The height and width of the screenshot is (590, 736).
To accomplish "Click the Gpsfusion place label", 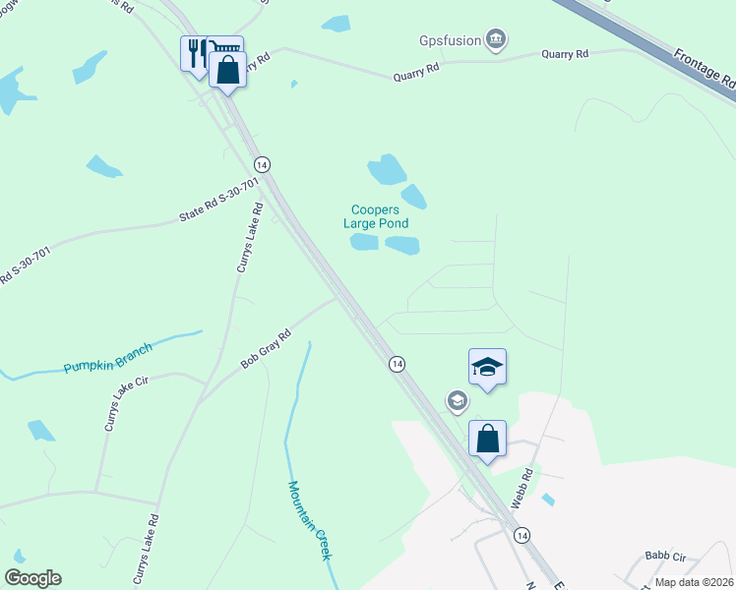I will (450, 39).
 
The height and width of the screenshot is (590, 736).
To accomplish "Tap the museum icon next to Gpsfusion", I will (497, 39).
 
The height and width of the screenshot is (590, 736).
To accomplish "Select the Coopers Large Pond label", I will (380, 216).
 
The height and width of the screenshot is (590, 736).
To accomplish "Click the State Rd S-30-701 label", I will (218, 200).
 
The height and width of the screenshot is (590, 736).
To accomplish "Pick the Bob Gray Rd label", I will (267, 349).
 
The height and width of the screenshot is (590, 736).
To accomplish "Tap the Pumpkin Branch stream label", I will (108, 359).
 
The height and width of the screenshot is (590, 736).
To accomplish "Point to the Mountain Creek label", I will (310, 520).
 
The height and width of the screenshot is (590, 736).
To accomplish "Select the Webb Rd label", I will (521, 488).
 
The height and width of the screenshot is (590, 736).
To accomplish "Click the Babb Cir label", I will (664, 556).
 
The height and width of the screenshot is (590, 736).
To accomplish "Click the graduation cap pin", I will (487, 368).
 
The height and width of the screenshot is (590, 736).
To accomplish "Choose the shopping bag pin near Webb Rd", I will (487, 439).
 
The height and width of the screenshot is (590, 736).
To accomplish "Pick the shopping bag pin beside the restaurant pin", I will (228, 71).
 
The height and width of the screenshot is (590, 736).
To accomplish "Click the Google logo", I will (32, 578).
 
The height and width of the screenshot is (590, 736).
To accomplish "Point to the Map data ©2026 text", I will (694, 582).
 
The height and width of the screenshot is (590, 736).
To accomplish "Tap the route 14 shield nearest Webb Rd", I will (521, 535).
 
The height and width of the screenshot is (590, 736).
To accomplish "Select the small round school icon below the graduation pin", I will (457, 400).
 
